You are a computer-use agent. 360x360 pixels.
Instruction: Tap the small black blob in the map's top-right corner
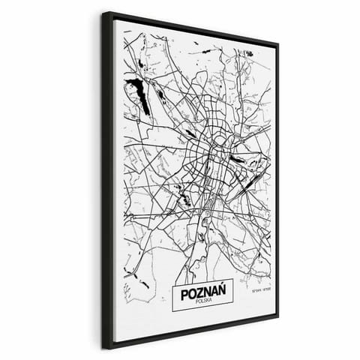pyautogui.click(x=248, y=54)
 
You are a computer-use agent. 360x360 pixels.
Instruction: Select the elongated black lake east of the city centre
pyautogui.click(x=238, y=158)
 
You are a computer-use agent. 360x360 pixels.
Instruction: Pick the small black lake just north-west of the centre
pyautogui.click(x=190, y=133)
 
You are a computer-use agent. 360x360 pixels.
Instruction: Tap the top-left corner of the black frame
pyautogui.click(x=103, y=12)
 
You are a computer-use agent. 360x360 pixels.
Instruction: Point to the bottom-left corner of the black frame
pyautogui.click(x=103, y=348)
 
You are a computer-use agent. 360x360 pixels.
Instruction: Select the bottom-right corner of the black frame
pyautogui.click(x=278, y=316)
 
